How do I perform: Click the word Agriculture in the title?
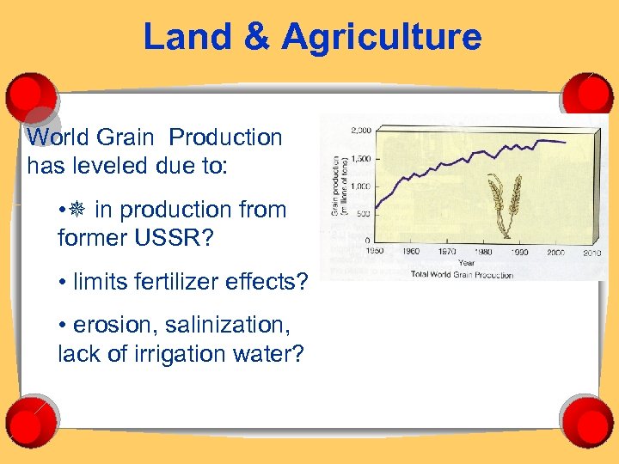(382, 38)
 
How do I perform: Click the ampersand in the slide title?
(260, 38)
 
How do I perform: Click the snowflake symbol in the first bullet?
(77, 210)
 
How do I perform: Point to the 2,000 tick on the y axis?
(360, 131)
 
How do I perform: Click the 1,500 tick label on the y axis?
(360, 159)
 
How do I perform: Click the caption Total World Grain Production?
(463, 275)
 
